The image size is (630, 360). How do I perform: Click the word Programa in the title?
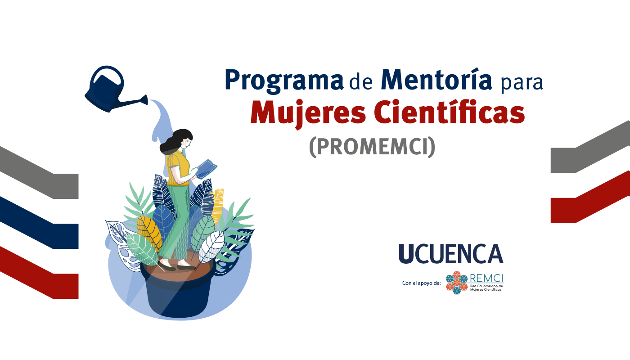point(284,81)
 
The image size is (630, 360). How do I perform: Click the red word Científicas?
point(450,112)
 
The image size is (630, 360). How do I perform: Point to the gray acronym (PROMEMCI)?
point(372,147)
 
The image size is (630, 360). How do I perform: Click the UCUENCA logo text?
point(451,254)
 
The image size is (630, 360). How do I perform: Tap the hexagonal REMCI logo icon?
point(457,283)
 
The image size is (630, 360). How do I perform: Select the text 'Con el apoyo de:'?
point(421,283)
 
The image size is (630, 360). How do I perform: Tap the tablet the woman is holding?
point(207,169)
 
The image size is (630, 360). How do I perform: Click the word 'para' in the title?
point(522,83)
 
